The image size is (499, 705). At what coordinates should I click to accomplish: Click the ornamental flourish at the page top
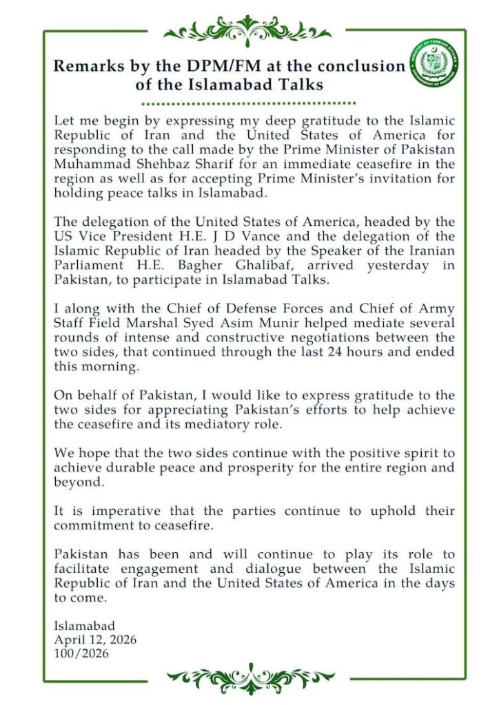click(x=247, y=30)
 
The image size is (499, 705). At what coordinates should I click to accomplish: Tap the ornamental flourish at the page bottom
click(x=247, y=678)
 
